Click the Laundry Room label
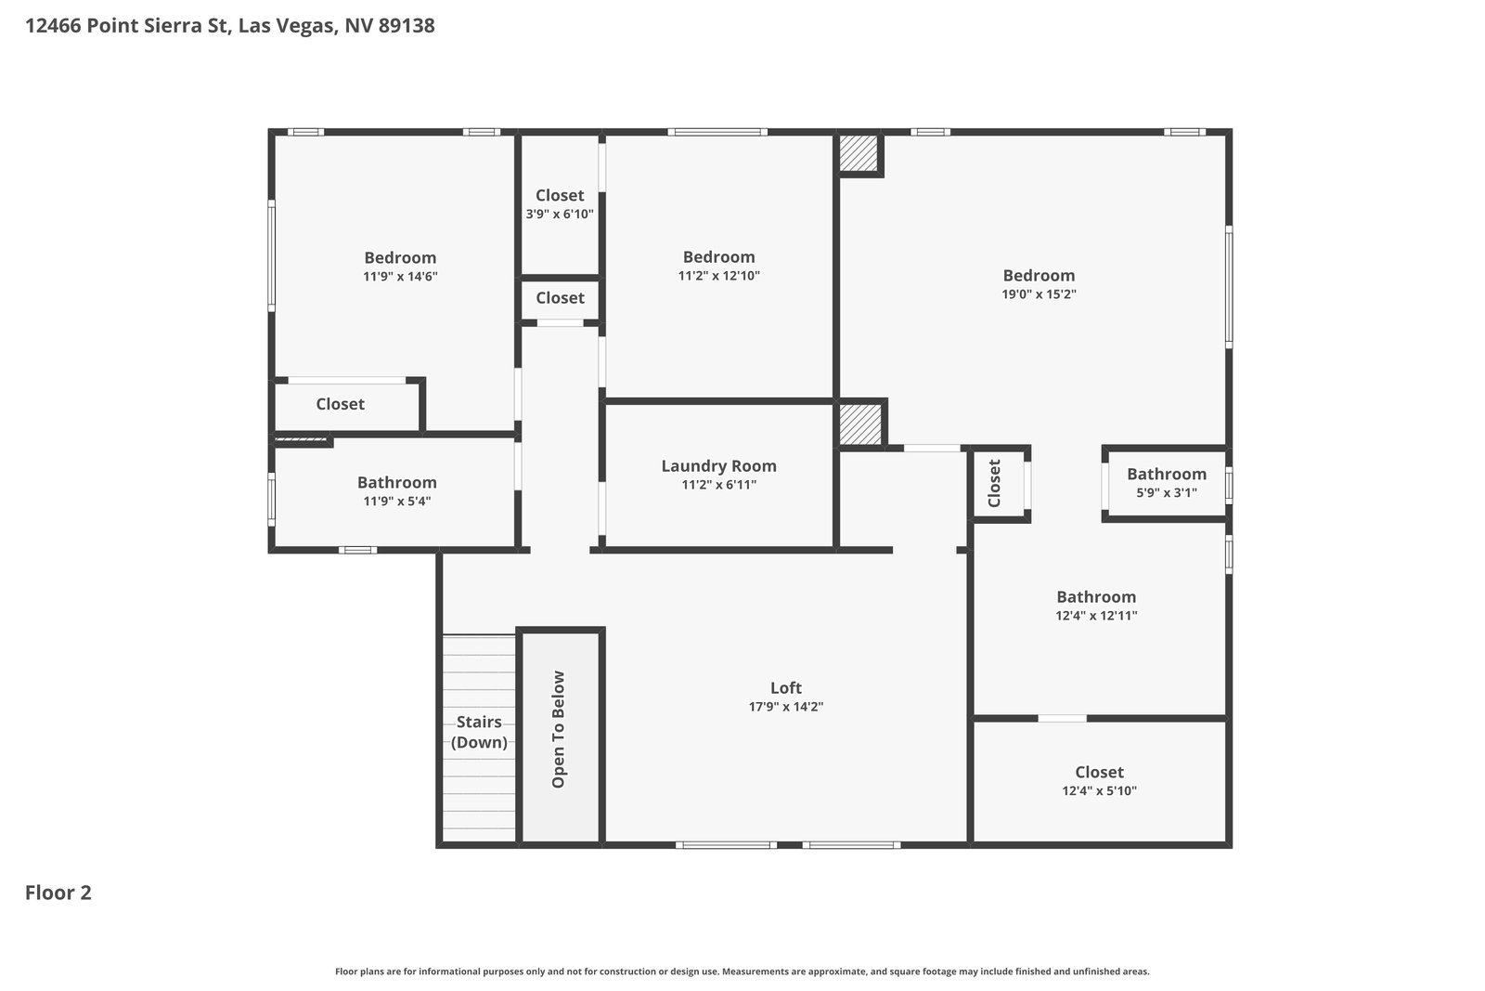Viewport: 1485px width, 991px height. click(718, 465)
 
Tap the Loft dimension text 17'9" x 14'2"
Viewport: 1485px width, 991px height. click(785, 707)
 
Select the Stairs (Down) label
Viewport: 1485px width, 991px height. click(479, 732)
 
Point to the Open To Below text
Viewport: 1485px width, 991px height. click(558, 729)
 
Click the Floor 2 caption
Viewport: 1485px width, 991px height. click(58, 893)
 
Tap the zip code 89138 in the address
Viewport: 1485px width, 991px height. click(407, 25)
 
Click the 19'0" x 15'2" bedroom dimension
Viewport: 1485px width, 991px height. click(1039, 293)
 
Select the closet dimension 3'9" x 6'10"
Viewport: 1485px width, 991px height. click(560, 214)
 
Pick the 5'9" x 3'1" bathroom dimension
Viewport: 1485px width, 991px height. click(1166, 492)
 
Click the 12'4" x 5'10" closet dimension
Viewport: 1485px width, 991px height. click(1099, 790)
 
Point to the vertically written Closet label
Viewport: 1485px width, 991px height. click(994, 483)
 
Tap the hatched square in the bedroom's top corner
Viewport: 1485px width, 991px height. click(859, 153)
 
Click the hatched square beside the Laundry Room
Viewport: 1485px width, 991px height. click(860, 424)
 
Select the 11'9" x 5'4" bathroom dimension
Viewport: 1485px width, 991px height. click(396, 501)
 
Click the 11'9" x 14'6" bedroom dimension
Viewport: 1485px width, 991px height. click(400, 276)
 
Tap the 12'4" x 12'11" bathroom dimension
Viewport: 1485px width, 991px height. click(1096, 615)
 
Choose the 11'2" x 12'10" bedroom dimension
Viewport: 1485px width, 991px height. click(718, 275)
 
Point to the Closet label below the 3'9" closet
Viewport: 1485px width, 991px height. click(560, 298)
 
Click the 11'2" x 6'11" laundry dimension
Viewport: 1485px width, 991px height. click(718, 484)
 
